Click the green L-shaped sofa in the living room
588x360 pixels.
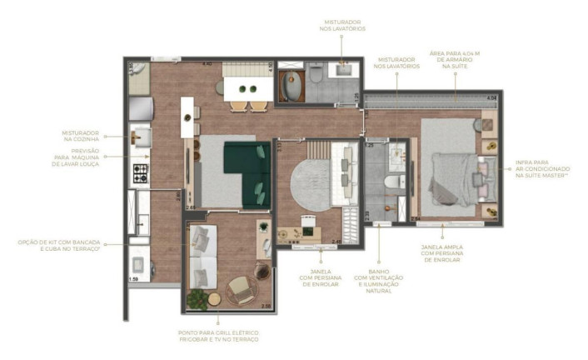[248, 172]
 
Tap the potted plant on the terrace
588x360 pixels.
[198, 297]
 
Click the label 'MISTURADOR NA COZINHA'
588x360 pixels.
[81, 137]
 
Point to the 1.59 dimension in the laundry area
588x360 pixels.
[133, 279]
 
